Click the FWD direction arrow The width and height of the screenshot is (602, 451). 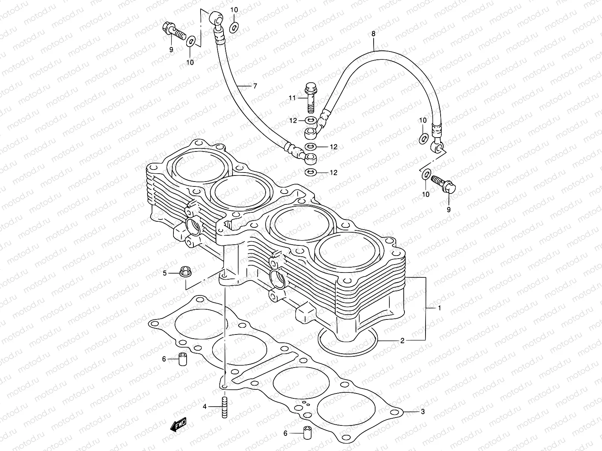tap(179, 425)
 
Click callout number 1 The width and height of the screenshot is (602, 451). tap(439, 308)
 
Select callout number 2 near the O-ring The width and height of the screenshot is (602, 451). tap(402, 341)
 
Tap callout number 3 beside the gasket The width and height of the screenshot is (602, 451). tap(423, 412)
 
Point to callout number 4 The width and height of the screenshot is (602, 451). tap(205, 407)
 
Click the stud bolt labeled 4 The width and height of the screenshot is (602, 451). tap(225, 407)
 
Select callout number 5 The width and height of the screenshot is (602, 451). tap(164, 273)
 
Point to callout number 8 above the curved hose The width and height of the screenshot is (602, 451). tap(373, 34)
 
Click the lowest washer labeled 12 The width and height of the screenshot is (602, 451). tap(310, 173)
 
